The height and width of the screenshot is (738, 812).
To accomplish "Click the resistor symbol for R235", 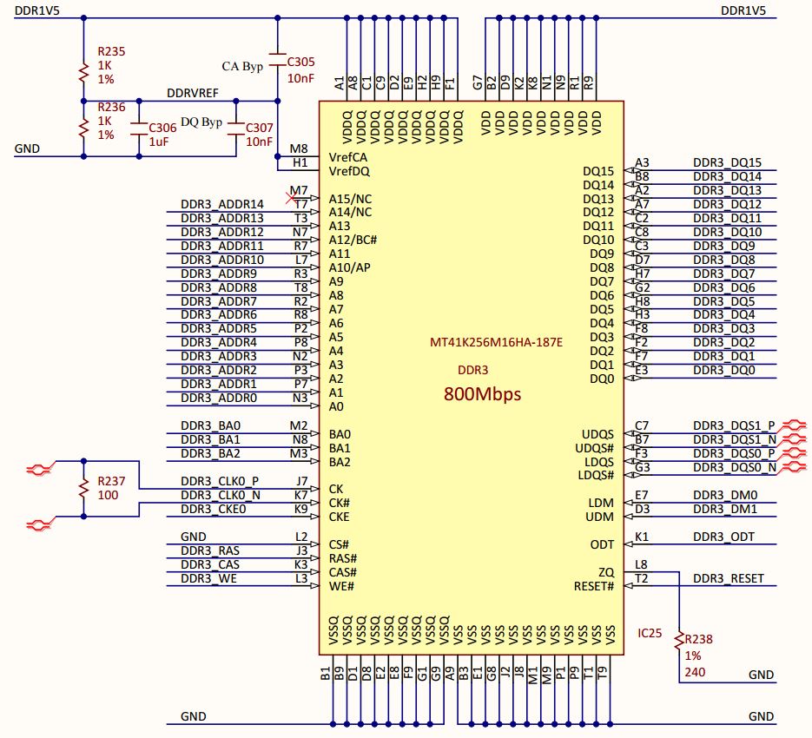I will [x=83, y=72].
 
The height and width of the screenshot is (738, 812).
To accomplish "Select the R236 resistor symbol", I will [x=83, y=128].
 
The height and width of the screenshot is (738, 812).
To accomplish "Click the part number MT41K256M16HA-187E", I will [x=496, y=342].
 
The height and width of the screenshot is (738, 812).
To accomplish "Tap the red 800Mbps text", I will [x=482, y=393].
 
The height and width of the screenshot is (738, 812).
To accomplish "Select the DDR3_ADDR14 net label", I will [x=221, y=204].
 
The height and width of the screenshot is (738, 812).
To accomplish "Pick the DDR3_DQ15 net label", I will [x=727, y=162].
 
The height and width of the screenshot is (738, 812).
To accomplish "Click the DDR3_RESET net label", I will [x=728, y=579].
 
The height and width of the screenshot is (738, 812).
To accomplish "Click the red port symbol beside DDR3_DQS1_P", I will [x=795, y=425].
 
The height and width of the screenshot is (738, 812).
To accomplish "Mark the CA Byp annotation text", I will [x=242, y=66].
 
